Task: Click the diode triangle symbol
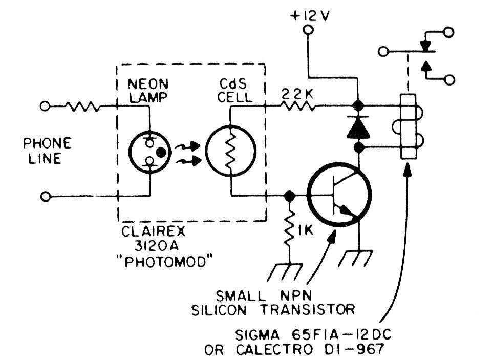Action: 358,128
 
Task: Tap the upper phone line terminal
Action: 46,107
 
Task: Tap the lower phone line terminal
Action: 46,196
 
